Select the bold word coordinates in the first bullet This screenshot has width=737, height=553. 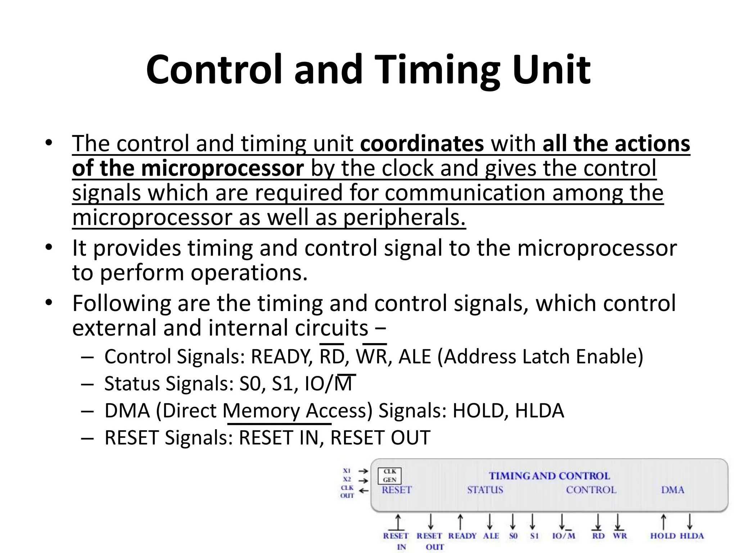(x=422, y=144)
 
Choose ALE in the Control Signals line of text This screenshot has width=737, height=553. (x=415, y=356)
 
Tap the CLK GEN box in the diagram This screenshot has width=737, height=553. (x=389, y=476)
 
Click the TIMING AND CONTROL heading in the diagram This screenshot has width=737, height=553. (x=549, y=476)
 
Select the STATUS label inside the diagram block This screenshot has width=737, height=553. (x=485, y=490)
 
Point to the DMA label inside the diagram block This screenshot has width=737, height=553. (x=672, y=490)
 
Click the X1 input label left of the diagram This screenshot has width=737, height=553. (x=347, y=471)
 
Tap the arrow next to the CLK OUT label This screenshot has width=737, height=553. (x=364, y=490)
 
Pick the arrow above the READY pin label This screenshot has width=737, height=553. (x=460, y=522)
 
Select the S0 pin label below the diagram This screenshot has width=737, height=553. (x=513, y=536)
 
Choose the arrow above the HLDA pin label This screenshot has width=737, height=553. (x=689, y=522)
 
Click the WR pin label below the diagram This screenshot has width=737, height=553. (x=620, y=536)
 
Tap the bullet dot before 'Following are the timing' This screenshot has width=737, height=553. (x=49, y=302)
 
